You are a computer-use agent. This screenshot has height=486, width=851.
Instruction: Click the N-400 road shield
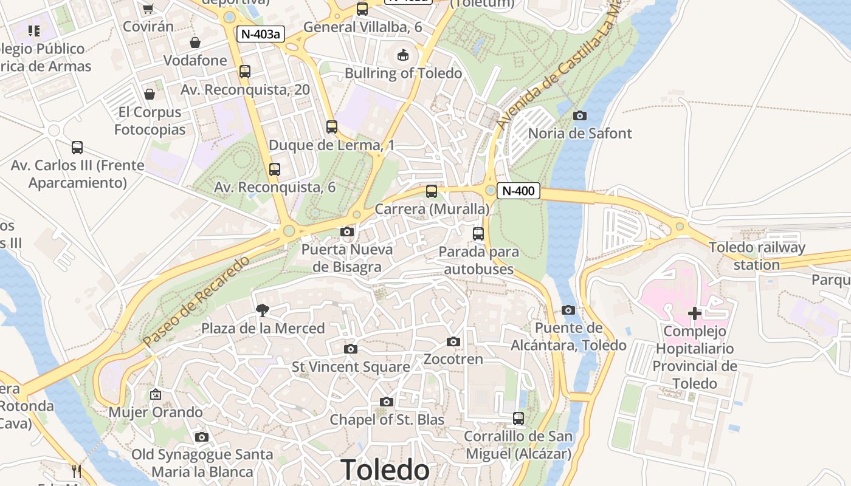pyautogui.click(x=519, y=191)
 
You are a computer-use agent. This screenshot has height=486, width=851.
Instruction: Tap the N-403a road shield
pyautogui.click(x=260, y=34)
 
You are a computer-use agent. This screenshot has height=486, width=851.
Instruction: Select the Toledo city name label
pyautogui.click(x=385, y=470)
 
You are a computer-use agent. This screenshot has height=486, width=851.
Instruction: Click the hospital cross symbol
pyautogui.click(x=694, y=313)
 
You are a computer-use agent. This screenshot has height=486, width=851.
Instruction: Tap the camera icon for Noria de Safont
pyautogui.click(x=580, y=115)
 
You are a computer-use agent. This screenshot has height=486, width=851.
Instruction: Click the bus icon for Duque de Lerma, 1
pyautogui.click(x=331, y=127)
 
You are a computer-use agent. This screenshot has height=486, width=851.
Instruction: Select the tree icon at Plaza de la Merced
pyautogui.click(x=263, y=310)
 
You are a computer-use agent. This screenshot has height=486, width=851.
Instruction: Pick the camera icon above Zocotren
pyautogui.click(x=453, y=342)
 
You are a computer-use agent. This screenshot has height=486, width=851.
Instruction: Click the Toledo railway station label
pyautogui.click(x=757, y=256)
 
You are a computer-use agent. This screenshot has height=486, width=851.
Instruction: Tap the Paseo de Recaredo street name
pyautogui.click(x=196, y=302)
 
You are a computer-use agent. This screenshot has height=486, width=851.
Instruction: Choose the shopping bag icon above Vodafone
pyautogui.click(x=195, y=43)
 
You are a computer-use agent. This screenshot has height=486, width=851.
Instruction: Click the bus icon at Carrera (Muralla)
pyautogui.click(x=432, y=191)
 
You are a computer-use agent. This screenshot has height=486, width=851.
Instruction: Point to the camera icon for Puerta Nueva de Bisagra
pyautogui.click(x=347, y=231)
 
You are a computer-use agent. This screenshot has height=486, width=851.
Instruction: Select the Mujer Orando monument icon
pyautogui.click(x=156, y=395)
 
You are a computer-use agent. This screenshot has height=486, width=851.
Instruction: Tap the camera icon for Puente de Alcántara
pyautogui.click(x=568, y=310)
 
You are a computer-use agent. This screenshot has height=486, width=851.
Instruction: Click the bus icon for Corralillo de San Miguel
pyautogui.click(x=518, y=419)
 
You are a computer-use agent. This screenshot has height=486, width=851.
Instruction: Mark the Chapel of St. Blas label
pyautogui.click(x=387, y=420)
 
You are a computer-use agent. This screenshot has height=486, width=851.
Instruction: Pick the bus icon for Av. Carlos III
pyautogui.click(x=77, y=148)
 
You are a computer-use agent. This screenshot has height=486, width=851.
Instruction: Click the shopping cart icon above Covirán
pyautogui.click(x=148, y=9)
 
